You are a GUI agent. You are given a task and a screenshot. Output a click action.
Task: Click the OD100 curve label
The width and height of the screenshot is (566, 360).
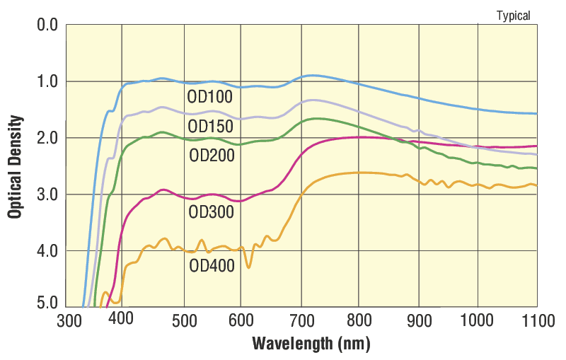pos(209,97)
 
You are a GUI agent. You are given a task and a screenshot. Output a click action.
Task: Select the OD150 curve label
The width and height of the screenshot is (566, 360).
pos(211,126)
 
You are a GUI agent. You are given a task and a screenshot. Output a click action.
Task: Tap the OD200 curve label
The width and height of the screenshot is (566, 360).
pos(212,155)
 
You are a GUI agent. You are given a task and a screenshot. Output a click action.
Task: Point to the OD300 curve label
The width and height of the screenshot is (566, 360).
pos(211,211)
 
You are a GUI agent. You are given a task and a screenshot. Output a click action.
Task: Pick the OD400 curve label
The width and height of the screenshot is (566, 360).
pos(212,266)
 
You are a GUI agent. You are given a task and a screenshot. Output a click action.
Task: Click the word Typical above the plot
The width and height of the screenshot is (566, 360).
pos(513,16)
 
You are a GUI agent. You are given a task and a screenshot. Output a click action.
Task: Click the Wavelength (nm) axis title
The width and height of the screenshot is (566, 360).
pos(311,344)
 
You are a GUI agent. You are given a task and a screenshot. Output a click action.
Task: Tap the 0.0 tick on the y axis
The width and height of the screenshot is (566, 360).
pos(47,26)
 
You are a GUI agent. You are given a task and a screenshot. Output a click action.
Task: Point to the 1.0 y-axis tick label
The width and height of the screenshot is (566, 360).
pos(47,81)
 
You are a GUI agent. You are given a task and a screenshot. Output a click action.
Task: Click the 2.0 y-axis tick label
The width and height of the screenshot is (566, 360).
pos(47,138)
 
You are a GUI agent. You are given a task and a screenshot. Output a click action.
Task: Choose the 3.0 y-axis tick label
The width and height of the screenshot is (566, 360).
pos(47,194)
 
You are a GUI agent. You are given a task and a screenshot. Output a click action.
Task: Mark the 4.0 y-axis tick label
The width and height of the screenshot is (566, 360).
pos(47,250)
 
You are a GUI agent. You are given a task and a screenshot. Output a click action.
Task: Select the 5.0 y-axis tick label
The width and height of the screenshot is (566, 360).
pos(47,304)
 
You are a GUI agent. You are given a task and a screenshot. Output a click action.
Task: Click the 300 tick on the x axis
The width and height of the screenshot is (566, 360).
pos(69,321)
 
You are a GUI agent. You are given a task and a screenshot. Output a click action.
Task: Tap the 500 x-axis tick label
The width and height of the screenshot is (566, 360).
pos(184,321)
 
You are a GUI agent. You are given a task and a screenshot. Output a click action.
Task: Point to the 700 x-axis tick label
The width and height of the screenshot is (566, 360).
pos(301,321)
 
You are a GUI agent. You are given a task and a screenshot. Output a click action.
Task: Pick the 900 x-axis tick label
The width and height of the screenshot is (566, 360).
pos(419,321)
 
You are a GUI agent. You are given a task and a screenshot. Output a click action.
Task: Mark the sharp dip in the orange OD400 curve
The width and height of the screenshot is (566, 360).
pos(249,266)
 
